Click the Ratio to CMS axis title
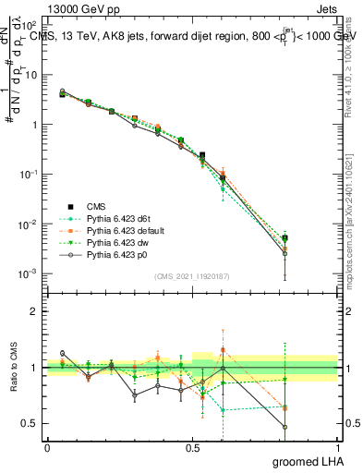[13, 368]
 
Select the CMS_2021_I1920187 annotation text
[191, 275]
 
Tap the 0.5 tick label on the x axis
[192, 447]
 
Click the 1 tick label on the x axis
[337, 447]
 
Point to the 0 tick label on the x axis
[47, 447]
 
